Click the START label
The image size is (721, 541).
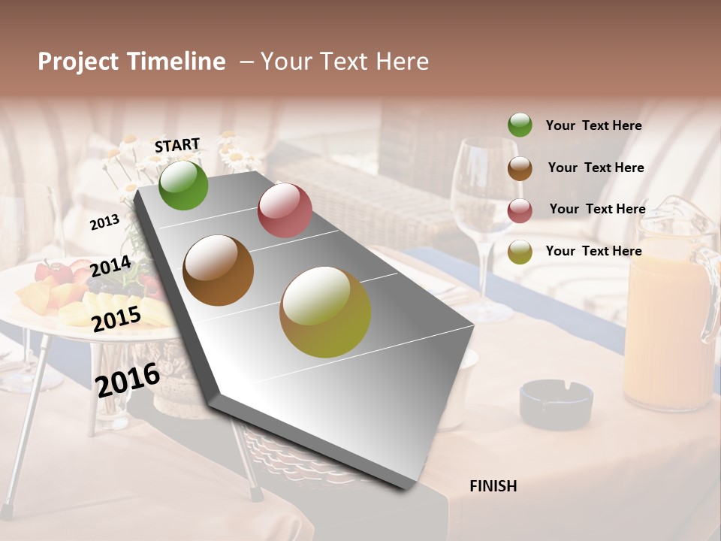pyautogui.click(x=177, y=145)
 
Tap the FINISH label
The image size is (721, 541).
pyautogui.click(x=493, y=486)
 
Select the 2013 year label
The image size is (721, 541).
pyautogui.click(x=104, y=222)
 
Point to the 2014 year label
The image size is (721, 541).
pyautogui.click(x=110, y=267)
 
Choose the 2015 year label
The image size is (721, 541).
pyautogui.click(x=116, y=319)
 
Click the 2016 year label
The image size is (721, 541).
pyautogui.click(x=128, y=379)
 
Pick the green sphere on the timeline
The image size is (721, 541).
pyautogui.click(x=183, y=185)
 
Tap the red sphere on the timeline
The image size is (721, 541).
pyautogui.click(x=285, y=210)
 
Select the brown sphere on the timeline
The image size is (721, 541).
pyautogui.click(x=219, y=270)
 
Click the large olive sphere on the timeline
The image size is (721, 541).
pyautogui.click(x=325, y=312)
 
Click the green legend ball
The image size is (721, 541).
pyautogui.click(x=520, y=125)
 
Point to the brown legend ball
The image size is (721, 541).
pyautogui.click(x=520, y=168)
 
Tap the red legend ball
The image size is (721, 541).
pyautogui.click(x=520, y=210)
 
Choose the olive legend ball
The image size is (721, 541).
pyautogui.click(x=520, y=252)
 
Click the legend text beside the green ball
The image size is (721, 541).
pyautogui.click(x=593, y=126)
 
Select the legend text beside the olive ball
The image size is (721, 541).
pyautogui.click(x=593, y=251)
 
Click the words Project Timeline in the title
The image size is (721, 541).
pyautogui.click(x=131, y=62)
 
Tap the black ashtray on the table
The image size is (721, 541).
pyautogui.click(x=556, y=402)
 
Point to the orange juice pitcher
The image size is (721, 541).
pyautogui.click(x=668, y=316)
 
